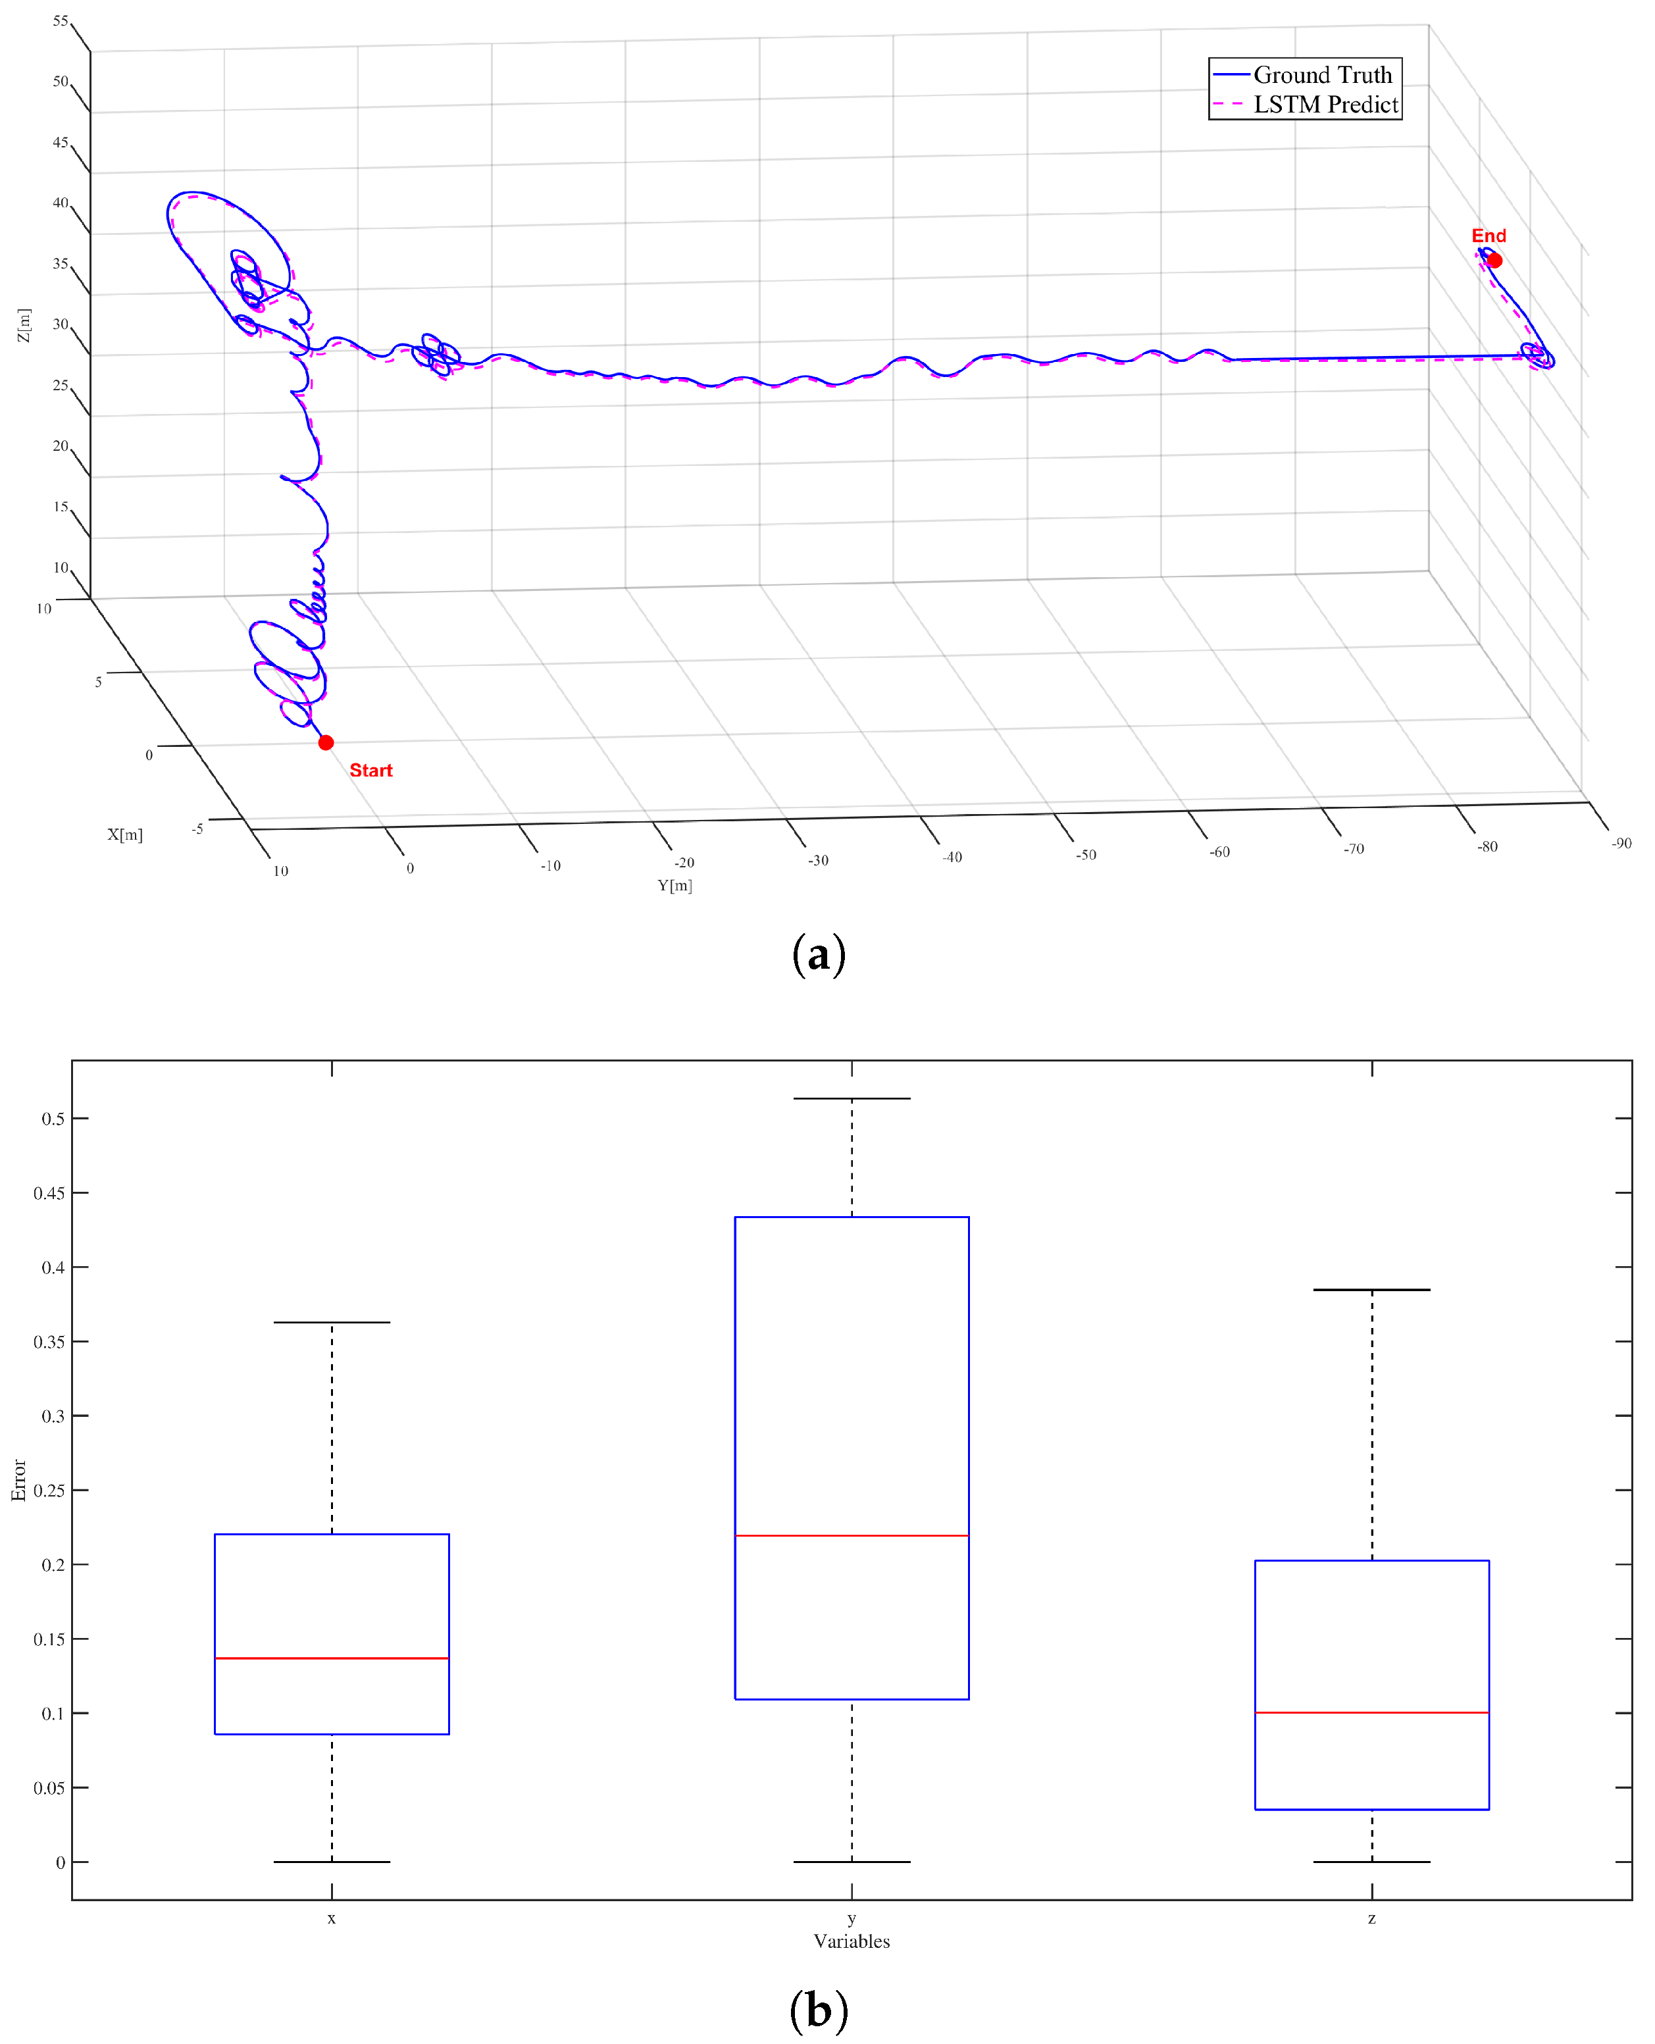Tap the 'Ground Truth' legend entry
pyautogui.click(x=1321, y=74)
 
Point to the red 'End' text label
pyautogui.click(x=1487, y=236)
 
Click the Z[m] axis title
pyautogui.click(x=24, y=325)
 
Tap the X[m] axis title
pyautogui.click(x=125, y=834)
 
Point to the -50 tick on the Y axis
pyautogui.click(x=1085, y=855)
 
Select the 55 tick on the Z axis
pyautogui.click(x=60, y=21)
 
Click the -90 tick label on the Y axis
pyautogui.click(x=1621, y=844)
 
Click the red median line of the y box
pyautogui.click(x=852, y=1536)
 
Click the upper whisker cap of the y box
pyautogui.click(x=852, y=1098)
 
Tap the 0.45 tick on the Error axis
pyautogui.click(x=49, y=1192)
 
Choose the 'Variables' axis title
pyautogui.click(x=852, y=1941)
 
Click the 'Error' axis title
pyautogui.click(x=18, y=1479)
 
